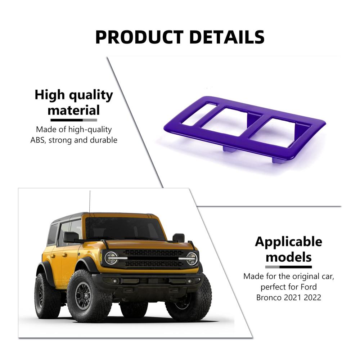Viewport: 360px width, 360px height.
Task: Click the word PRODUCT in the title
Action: click(x=139, y=37)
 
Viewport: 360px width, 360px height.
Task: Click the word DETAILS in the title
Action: click(x=227, y=37)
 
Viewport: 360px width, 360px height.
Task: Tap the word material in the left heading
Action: click(x=74, y=110)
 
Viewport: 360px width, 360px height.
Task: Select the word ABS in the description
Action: click(x=38, y=140)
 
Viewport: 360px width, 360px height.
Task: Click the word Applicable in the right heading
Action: click(x=289, y=242)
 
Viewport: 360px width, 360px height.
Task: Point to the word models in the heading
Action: click(x=289, y=257)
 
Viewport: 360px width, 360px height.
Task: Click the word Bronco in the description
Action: click(x=269, y=298)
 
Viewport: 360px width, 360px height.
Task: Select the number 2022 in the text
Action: click(x=312, y=298)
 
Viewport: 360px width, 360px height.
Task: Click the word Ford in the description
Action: click(x=309, y=287)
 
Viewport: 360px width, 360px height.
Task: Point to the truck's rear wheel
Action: click(x=45, y=295)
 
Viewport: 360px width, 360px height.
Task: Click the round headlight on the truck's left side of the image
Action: click(x=111, y=258)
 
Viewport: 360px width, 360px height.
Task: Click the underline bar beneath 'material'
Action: click(x=74, y=120)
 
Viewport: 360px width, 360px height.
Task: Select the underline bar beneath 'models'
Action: click(x=289, y=267)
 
